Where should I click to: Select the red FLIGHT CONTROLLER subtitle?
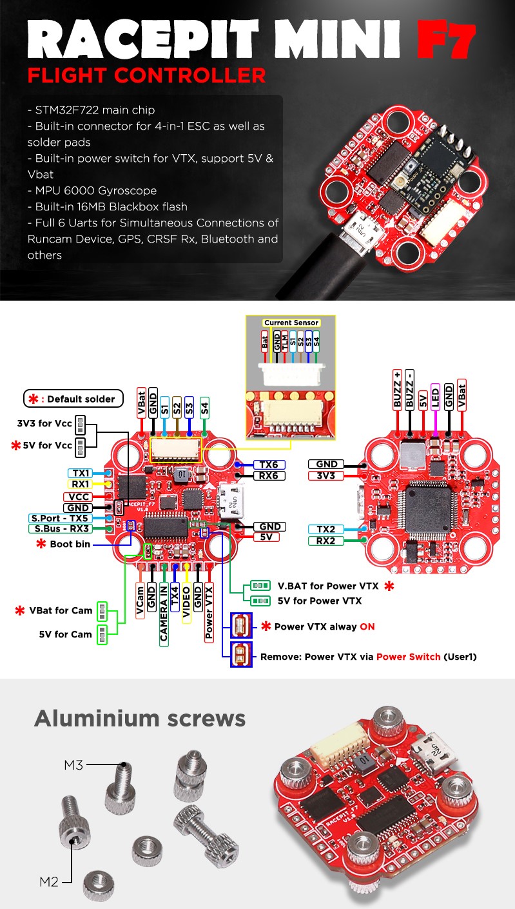click(x=146, y=75)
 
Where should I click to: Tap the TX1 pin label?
click(x=81, y=473)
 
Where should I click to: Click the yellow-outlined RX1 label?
click(x=81, y=484)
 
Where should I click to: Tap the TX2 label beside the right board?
click(x=326, y=529)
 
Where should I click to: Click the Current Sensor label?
click(x=291, y=323)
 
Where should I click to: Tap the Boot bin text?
click(x=71, y=544)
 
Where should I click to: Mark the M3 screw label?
click(x=74, y=765)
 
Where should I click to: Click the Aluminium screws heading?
click(x=140, y=718)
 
